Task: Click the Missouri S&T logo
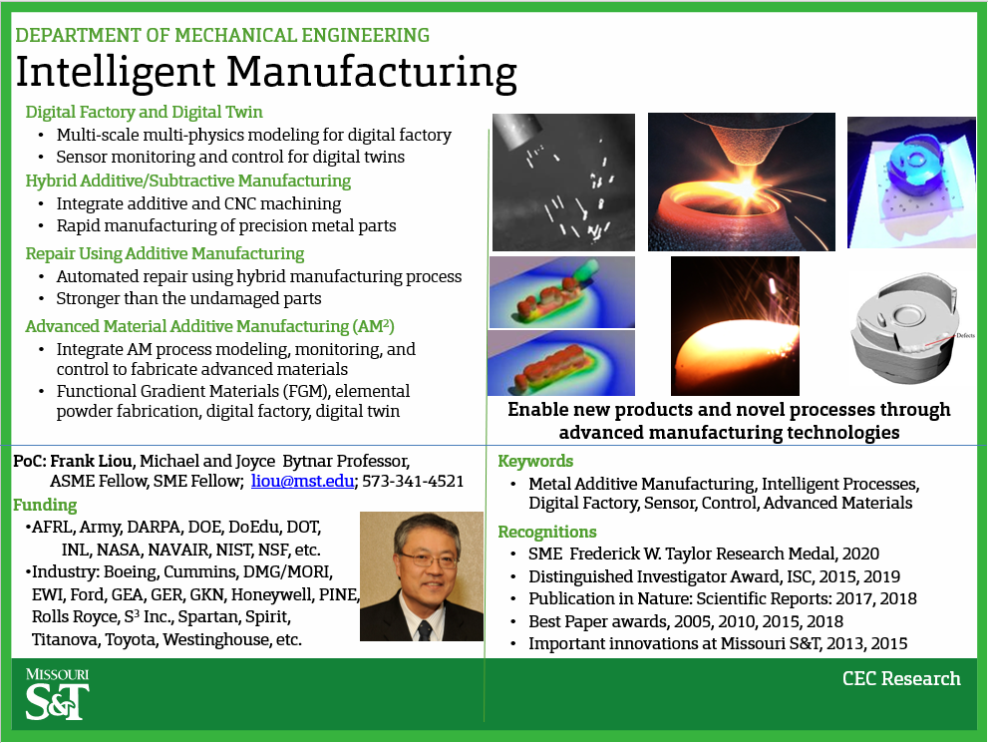(58, 694)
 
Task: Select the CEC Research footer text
(901, 679)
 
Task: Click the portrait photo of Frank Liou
(421, 576)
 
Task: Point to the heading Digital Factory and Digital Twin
(144, 112)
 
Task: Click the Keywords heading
(535, 461)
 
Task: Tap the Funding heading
(45, 505)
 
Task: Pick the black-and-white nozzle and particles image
(563, 182)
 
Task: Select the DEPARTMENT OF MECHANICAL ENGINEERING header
(222, 36)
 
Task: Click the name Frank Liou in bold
(91, 461)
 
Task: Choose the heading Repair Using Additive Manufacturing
(165, 253)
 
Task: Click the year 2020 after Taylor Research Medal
(859, 554)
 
